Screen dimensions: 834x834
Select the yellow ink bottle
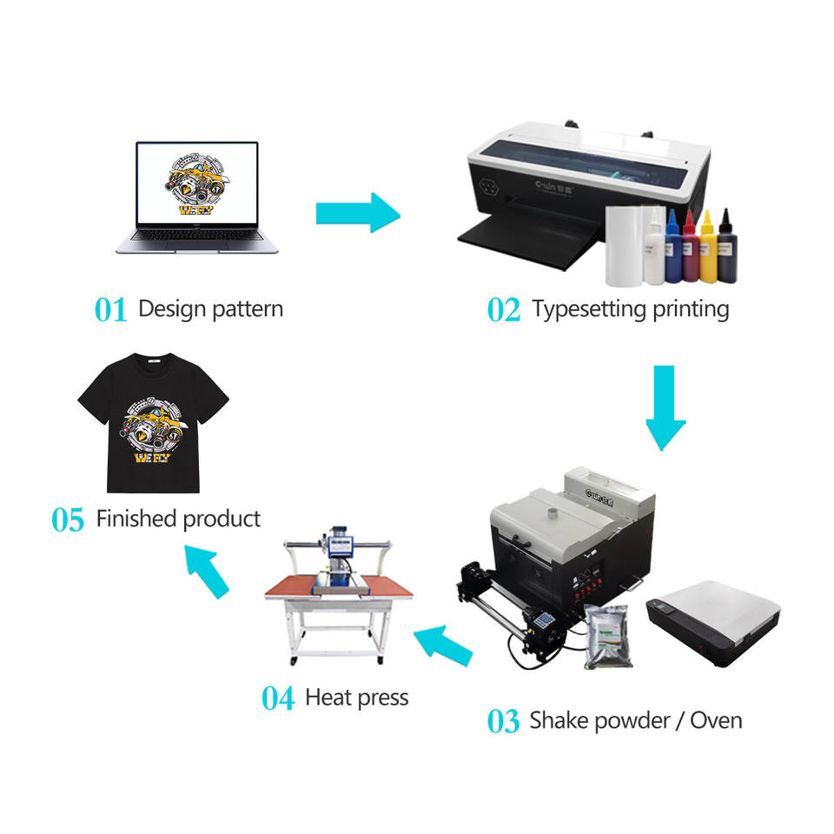point(707,248)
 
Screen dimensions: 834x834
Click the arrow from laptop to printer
point(357,212)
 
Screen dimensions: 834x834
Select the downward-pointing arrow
point(665,407)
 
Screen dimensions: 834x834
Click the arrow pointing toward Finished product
point(208,570)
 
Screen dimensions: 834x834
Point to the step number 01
point(110,310)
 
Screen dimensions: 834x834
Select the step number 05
point(68,520)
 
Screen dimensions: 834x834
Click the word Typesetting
point(586,309)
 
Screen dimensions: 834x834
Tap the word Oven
point(716,720)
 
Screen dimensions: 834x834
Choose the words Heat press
point(357,698)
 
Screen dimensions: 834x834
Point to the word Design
point(172,308)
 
